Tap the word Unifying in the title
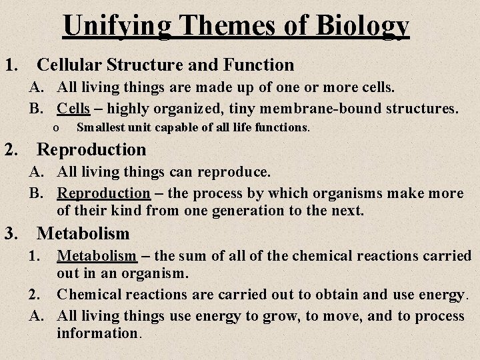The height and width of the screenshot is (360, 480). tap(117, 26)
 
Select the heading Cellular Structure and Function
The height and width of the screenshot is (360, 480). tap(165, 65)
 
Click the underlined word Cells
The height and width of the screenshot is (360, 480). tap(73, 108)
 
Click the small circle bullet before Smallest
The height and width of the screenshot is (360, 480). tap(57, 127)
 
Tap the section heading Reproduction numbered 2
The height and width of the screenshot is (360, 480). tap(91, 149)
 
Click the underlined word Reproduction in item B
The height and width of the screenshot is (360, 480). tap(103, 193)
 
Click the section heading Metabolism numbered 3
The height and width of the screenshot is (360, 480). tap(83, 234)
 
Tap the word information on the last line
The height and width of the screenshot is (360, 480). tap(97, 332)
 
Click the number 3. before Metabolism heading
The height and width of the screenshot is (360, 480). tap(11, 234)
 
